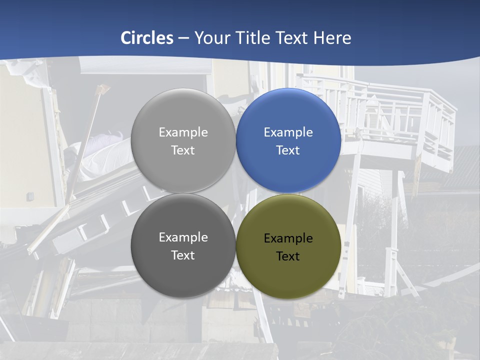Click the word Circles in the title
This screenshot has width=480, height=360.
point(147,38)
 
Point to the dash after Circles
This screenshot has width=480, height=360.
point(183,38)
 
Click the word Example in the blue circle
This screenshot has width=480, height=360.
point(288,132)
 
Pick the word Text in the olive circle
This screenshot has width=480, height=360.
point(288,256)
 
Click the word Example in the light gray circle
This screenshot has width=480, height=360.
point(183,132)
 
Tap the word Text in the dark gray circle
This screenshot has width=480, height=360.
point(183,255)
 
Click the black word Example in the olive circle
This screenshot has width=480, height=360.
point(288,238)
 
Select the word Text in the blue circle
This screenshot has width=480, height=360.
point(288,150)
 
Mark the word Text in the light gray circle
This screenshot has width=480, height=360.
point(183,150)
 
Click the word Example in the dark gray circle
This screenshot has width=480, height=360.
point(183,237)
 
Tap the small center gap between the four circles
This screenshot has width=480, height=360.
point(235,193)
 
